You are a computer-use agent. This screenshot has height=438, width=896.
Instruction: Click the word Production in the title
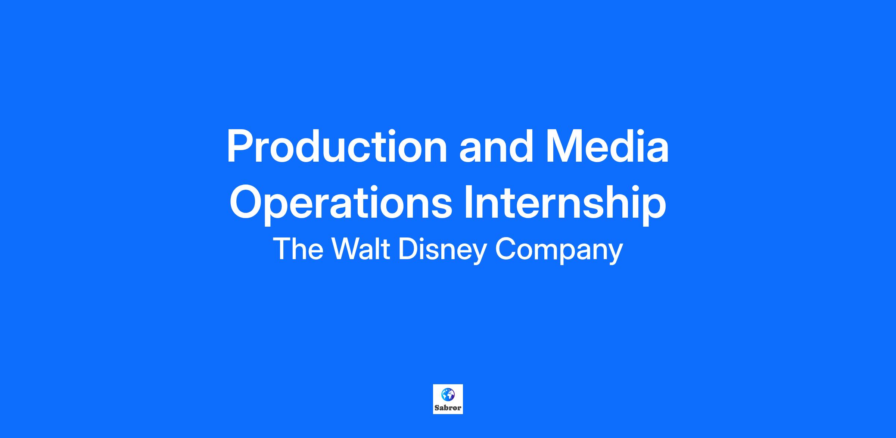337,146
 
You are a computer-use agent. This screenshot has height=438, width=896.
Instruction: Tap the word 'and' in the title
495,146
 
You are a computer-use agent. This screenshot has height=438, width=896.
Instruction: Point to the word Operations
341,204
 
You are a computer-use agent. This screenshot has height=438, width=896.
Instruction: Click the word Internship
565,204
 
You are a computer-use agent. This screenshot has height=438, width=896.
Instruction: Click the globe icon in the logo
448,394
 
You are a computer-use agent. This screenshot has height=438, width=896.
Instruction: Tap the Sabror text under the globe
448,408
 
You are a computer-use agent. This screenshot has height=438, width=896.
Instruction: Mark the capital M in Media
564,146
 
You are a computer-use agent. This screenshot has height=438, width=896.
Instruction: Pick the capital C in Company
505,249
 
